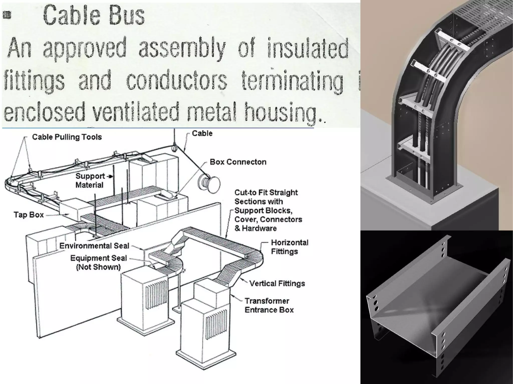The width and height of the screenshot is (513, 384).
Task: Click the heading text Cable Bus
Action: (94, 16)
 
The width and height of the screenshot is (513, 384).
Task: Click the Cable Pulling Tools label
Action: (67, 137)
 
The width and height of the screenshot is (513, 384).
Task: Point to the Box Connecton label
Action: (238, 162)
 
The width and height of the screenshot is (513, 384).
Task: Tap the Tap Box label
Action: (29, 215)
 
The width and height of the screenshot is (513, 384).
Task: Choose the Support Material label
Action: (90, 180)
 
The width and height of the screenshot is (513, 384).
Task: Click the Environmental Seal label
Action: (94, 246)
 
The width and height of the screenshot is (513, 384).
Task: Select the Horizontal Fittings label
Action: (290, 247)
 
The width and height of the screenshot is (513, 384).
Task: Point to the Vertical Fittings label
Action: (277, 283)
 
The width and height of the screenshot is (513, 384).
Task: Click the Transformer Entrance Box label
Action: (269, 305)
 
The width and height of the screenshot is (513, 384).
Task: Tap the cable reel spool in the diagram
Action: (209, 184)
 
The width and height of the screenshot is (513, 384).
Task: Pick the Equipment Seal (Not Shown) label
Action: (98, 262)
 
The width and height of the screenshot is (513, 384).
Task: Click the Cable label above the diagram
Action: (202, 133)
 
